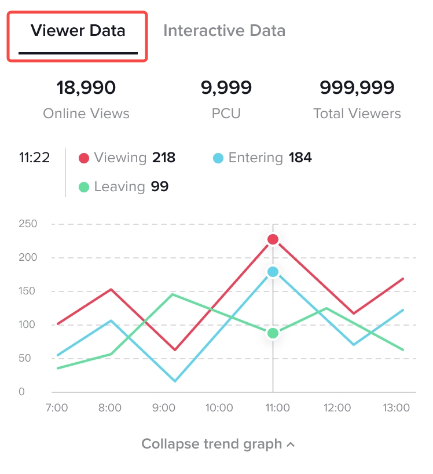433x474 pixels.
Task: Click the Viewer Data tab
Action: coord(78,31)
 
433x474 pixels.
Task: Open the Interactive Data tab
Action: coord(224,31)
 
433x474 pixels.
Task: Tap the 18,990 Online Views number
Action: coord(86,88)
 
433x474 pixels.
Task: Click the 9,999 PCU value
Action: coord(226,88)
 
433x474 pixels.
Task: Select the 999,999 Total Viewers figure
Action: coord(357,88)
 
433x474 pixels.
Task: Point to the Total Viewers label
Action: coord(357,114)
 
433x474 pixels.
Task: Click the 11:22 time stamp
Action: coord(34,158)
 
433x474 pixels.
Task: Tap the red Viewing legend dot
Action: coord(84,158)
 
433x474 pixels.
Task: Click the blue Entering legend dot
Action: coord(218,158)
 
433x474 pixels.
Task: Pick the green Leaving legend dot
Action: coord(84,187)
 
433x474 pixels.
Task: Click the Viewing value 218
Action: coord(164,158)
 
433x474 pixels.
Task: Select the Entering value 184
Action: coord(300,158)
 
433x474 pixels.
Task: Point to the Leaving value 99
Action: coord(160,187)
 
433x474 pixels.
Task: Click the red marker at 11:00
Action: coord(273,239)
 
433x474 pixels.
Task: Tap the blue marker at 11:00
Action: coord(273,272)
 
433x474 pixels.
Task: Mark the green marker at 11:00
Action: coord(273,333)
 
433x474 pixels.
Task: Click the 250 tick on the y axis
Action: coord(27,224)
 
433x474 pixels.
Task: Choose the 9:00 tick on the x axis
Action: coord(164,408)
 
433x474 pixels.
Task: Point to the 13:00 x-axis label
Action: coord(397,408)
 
